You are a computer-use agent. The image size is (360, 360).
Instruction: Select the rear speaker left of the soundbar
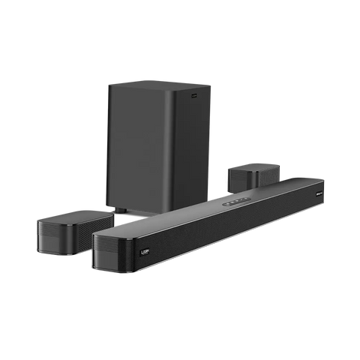72,230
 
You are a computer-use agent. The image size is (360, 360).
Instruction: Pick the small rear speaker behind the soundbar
252,176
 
